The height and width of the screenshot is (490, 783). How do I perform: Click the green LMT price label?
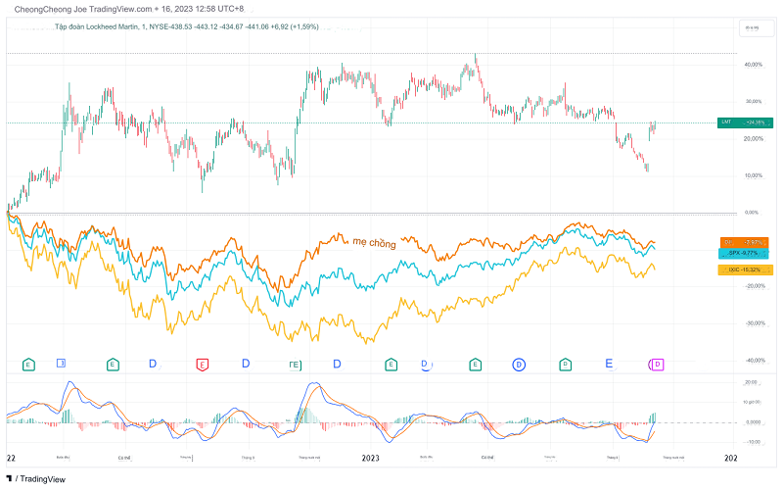click(x=742, y=122)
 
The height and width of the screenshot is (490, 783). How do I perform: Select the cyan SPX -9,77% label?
click(x=743, y=253)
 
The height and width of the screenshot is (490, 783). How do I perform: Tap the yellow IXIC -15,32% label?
click(x=743, y=268)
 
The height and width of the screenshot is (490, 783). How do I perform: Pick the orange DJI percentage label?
click(x=743, y=241)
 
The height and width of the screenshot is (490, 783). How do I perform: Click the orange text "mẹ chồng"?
click(x=374, y=242)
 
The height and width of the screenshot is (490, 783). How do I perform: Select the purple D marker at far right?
click(x=658, y=365)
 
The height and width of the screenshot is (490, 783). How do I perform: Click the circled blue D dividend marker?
click(x=519, y=365)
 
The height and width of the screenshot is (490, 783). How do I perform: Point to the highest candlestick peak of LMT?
click(x=476, y=55)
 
